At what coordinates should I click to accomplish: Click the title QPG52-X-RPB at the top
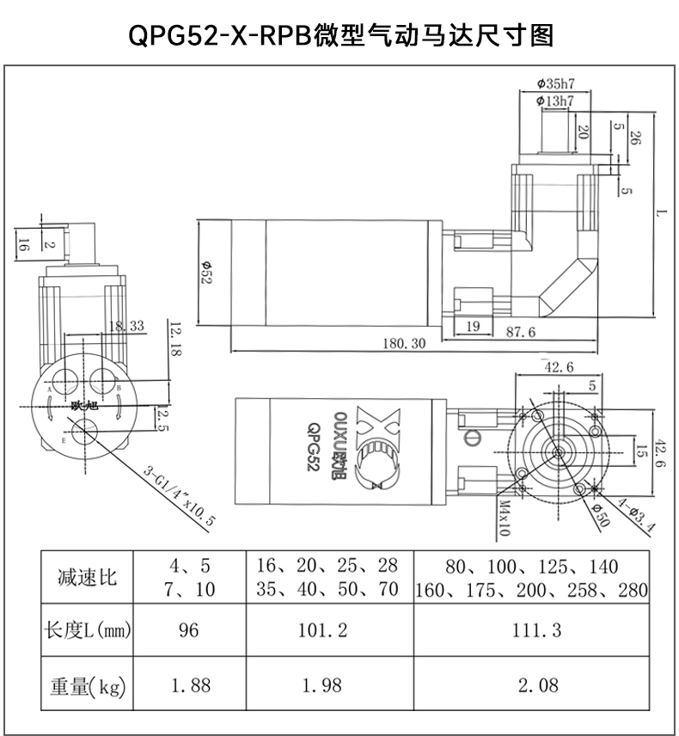tap(220, 35)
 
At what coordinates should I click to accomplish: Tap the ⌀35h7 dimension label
tap(555, 84)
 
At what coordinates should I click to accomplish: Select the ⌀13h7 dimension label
tap(555, 101)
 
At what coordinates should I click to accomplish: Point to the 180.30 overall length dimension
tap(404, 344)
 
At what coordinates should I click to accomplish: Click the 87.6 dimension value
tap(521, 333)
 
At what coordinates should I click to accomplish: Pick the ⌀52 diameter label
tap(206, 273)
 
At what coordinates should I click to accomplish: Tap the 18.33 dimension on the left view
tap(126, 326)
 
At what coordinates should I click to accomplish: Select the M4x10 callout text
tap(505, 518)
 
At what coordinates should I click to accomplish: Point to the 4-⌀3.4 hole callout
tap(636, 514)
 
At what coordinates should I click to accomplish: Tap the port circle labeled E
tap(85, 432)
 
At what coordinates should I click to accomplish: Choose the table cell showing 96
tap(188, 630)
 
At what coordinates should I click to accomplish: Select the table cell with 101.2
tap(323, 630)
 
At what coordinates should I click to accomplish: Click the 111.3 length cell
tap(536, 630)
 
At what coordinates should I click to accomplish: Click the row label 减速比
tap(87, 577)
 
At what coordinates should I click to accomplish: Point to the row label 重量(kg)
tap(88, 687)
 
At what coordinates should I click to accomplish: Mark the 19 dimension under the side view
tap(473, 326)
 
